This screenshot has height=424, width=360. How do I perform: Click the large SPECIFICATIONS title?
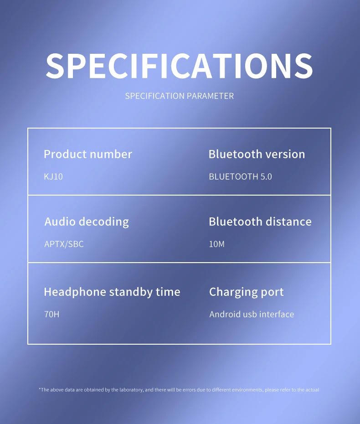(180, 66)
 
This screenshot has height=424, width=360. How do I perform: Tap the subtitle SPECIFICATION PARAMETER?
(180, 96)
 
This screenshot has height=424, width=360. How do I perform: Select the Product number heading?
(88, 154)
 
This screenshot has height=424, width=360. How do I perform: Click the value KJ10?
(53, 176)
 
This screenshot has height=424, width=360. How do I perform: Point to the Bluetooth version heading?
(257, 154)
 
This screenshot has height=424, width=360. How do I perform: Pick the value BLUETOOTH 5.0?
(240, 176)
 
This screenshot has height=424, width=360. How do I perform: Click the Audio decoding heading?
(87, 222)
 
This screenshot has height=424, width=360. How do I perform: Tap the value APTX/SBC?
(64, 244)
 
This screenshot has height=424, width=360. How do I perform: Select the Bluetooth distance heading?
(260, 222)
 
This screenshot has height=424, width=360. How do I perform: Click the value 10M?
(216, 244)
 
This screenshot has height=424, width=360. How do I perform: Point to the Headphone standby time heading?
(112, 292)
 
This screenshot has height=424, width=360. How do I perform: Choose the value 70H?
(51, 314)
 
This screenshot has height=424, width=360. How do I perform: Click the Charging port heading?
(247, 292)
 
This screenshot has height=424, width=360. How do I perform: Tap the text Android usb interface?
(252, 314)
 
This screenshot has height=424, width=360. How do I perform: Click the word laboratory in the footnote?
(131, 390)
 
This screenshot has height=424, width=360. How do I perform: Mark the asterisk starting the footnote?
(40, 389)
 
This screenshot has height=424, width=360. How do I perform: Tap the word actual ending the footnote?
(312, 390)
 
